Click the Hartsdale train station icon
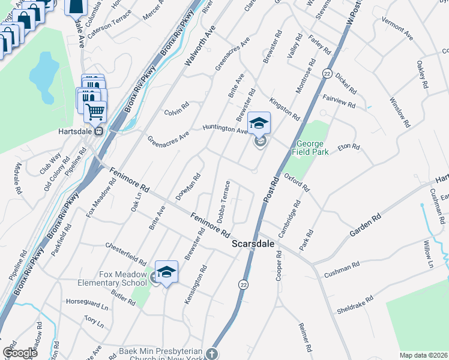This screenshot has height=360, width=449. (x=99, y=131)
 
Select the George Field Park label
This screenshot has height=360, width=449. (x=310, y=148)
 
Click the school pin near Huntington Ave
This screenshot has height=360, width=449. (x=259, y=124)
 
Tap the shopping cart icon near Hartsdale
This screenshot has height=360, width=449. (x=94, y=111)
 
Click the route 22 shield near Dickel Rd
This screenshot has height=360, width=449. (x=327, y=73)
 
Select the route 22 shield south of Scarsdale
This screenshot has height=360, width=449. (x=243, y=283)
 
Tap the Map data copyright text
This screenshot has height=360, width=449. (x=423, y=355)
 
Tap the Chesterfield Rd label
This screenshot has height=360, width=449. (x=125, y=254)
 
